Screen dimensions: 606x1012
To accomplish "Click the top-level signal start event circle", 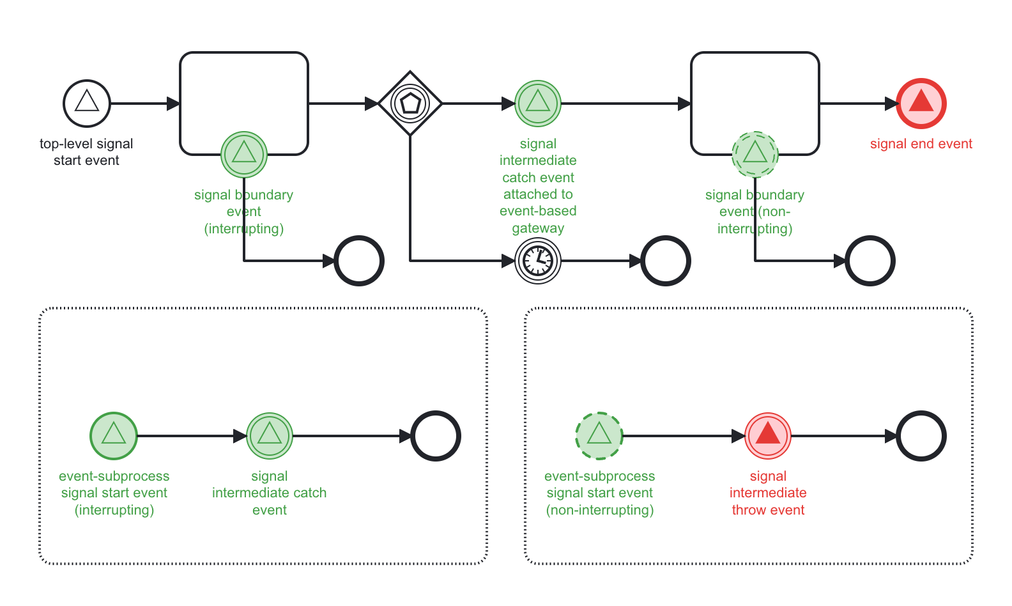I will point(87,104).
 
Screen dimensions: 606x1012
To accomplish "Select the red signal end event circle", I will point(921,104).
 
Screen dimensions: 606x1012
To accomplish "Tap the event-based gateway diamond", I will point(410,104).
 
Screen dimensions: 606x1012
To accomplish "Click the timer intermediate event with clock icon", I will point(538,261).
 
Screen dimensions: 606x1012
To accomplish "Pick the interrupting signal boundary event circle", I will point(244,155).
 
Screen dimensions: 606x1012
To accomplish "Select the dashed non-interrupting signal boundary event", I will point(755,155).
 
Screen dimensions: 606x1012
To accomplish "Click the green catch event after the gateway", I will point(538,104).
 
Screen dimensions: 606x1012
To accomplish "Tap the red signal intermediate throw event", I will point(768,436).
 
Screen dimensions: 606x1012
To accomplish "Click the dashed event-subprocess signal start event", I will point(599,436).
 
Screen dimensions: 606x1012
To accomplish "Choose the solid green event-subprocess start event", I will point(114,436).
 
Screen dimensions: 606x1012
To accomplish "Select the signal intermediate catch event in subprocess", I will point(270,436).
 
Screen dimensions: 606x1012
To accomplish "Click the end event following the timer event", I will point(666,261).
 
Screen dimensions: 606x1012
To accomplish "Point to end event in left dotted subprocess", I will point(436,436).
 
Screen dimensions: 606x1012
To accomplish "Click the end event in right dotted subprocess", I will point(921,436).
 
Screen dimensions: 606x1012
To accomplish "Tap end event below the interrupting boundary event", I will point(359,261).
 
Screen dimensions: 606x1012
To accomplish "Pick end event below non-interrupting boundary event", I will point(870,261).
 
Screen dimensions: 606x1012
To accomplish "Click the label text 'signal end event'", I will point(921,144).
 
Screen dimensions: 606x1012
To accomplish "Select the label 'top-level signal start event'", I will point(86,152).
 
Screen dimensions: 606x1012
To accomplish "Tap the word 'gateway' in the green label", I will point(538,228).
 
